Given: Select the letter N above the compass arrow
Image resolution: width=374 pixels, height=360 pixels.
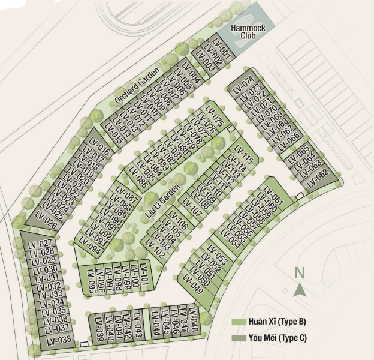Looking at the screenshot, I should (300, 273).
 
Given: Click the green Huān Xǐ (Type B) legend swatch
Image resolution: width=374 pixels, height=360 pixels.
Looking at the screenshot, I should (239, 322).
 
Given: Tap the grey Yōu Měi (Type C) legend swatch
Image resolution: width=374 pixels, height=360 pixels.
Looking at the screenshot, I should (239, 338).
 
